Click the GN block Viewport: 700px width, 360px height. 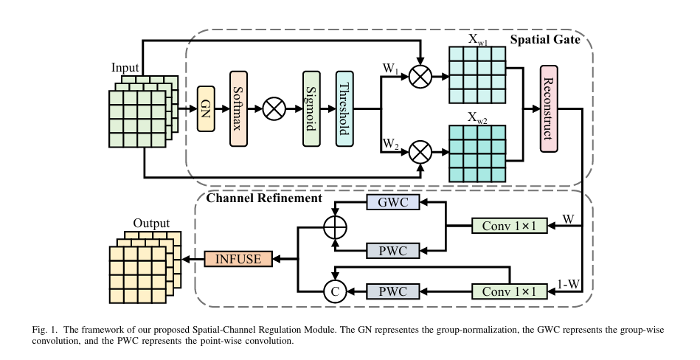tap(206, 108)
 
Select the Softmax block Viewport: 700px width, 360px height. tap(239, 108)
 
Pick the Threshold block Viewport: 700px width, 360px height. tap(344, 108)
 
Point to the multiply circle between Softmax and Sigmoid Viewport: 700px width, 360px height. tap(274, 108)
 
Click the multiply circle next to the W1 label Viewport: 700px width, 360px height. tap(420, 76)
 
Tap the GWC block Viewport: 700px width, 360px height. tap(392, 202)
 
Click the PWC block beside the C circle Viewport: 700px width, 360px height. tap(392, 291)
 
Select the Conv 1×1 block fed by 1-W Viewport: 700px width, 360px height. tap(509, 291)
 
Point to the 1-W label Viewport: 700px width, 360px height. tap(567, 283)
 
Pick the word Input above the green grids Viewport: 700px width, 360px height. tap(125, 68)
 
